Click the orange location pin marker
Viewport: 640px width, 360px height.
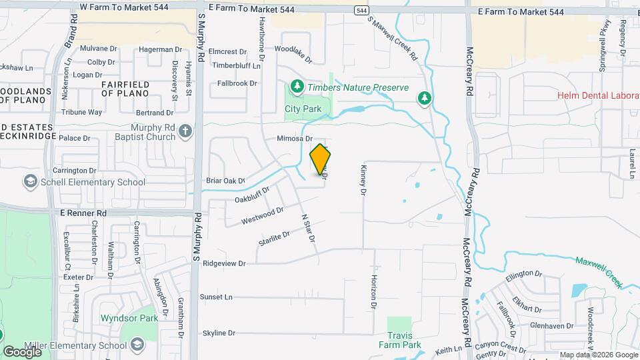point(321,159)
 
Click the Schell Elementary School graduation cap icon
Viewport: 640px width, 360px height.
point(30,181)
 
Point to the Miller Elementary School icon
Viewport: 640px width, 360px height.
point(137,345)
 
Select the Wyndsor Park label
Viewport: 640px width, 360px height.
point(129,318)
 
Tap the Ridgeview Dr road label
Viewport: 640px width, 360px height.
point(224,263)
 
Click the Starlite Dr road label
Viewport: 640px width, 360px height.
point(274,239)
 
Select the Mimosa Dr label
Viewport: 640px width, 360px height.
point(295,138)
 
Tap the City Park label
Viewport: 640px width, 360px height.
point(303,109)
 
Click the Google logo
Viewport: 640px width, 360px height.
point(22,351)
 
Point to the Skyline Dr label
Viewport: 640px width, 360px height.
point(219,333)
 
